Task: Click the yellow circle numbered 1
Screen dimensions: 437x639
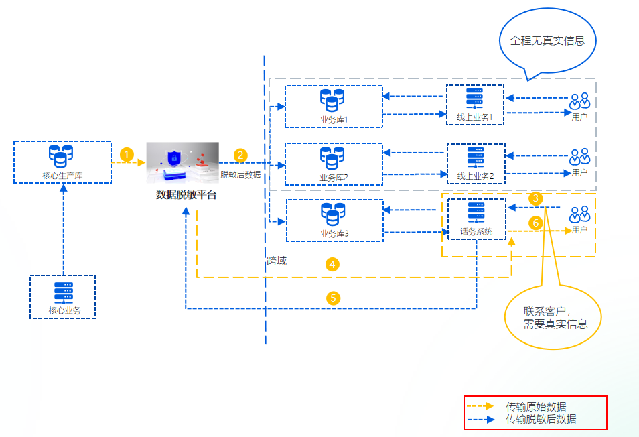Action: tap(127, 154)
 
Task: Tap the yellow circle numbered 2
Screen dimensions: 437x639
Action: tap(240, 155)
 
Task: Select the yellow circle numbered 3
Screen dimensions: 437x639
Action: tap(535, 198)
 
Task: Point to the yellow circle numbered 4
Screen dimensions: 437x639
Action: tap(333, 265)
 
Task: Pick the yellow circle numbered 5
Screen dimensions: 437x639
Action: tap(334, 298)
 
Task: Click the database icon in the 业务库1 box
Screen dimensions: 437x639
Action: tap(332, 101)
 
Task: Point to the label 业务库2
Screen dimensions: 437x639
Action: tap(334, 177)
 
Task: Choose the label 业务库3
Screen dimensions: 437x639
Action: tap(334, 233)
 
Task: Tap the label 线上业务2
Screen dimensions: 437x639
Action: tap(476, 176)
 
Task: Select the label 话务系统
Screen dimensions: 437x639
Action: tap(476, 232)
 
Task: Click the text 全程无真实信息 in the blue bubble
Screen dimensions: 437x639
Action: tap(548, 40)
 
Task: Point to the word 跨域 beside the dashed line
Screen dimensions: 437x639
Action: tap(277, 261)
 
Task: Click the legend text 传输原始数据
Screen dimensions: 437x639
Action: tap(536, 406)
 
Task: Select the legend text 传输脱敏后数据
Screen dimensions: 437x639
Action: tap(541, 420)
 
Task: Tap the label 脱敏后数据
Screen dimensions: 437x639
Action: tap(240, 174)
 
